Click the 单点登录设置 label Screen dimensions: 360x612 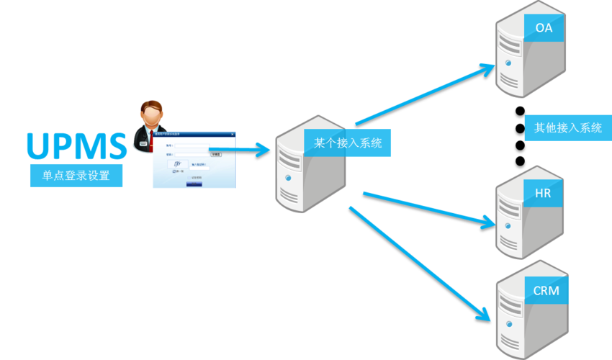click(x=76, y=176)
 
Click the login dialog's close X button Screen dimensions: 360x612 click(x=232, y=134)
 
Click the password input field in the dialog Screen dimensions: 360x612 click(x=192, y=153)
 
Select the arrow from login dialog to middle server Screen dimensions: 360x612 click(x=245, y=150)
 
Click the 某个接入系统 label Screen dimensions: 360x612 click(x=348, y=143)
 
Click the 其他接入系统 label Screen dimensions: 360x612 click(x=567, y=128)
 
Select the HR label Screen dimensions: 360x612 click(x=543, y=194)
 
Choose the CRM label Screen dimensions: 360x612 click(x=545, y=291)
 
